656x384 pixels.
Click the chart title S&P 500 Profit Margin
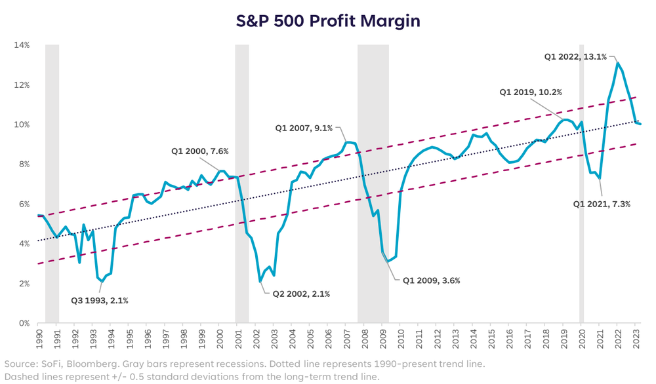328,21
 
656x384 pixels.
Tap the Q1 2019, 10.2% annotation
530,92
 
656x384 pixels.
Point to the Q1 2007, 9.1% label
304,128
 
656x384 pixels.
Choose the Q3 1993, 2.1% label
99,301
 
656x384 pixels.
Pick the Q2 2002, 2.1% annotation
301,294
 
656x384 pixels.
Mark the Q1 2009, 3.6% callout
432,280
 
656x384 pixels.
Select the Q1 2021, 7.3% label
602,204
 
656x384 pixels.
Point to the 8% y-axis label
23,164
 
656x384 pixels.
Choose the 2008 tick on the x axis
363,339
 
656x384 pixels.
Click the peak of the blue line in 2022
617,62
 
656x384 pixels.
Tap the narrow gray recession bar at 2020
581,183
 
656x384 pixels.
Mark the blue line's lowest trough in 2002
260,282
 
